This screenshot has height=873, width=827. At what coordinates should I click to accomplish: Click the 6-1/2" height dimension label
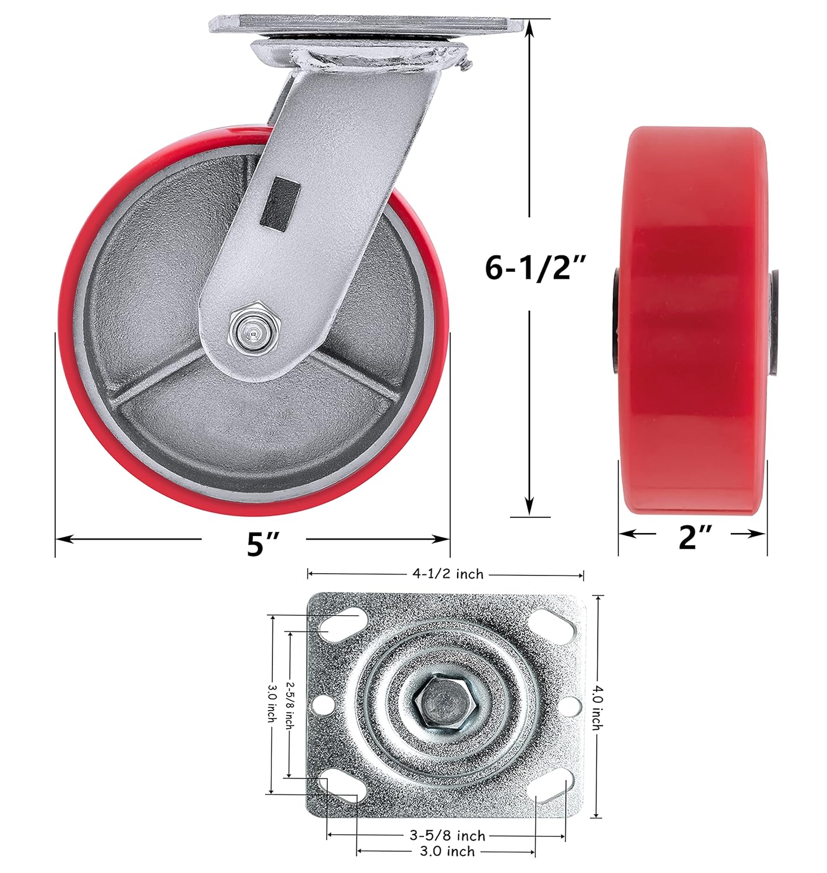535,268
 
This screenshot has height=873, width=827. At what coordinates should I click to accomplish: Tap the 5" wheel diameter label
263,544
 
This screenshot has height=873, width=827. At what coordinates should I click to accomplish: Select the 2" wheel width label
695,537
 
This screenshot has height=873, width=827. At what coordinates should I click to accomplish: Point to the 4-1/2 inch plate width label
447,574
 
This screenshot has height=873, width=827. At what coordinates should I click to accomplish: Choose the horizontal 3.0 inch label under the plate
447,851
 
